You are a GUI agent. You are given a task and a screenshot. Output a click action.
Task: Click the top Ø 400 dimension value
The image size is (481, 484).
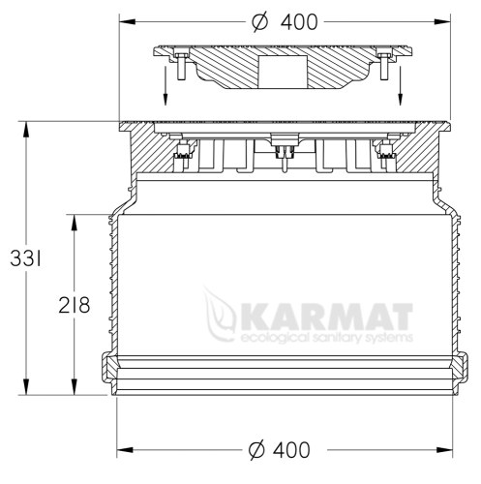285,22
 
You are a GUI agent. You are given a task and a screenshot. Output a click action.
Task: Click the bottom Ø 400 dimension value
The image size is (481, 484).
280,450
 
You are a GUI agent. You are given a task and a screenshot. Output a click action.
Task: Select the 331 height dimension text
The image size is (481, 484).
26,258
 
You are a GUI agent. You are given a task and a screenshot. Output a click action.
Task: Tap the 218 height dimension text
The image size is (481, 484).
75,305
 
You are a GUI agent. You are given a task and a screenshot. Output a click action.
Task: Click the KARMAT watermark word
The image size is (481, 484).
326,318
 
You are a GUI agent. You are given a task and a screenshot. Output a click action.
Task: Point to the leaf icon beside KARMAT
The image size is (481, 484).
220,315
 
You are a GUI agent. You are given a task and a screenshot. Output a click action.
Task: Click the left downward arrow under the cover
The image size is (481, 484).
165,85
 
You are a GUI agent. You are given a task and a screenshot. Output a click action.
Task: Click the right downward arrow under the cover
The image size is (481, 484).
401,85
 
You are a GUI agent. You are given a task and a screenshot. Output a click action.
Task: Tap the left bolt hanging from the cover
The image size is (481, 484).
181,67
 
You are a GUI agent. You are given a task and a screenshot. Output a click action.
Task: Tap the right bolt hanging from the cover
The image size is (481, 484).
384,67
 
